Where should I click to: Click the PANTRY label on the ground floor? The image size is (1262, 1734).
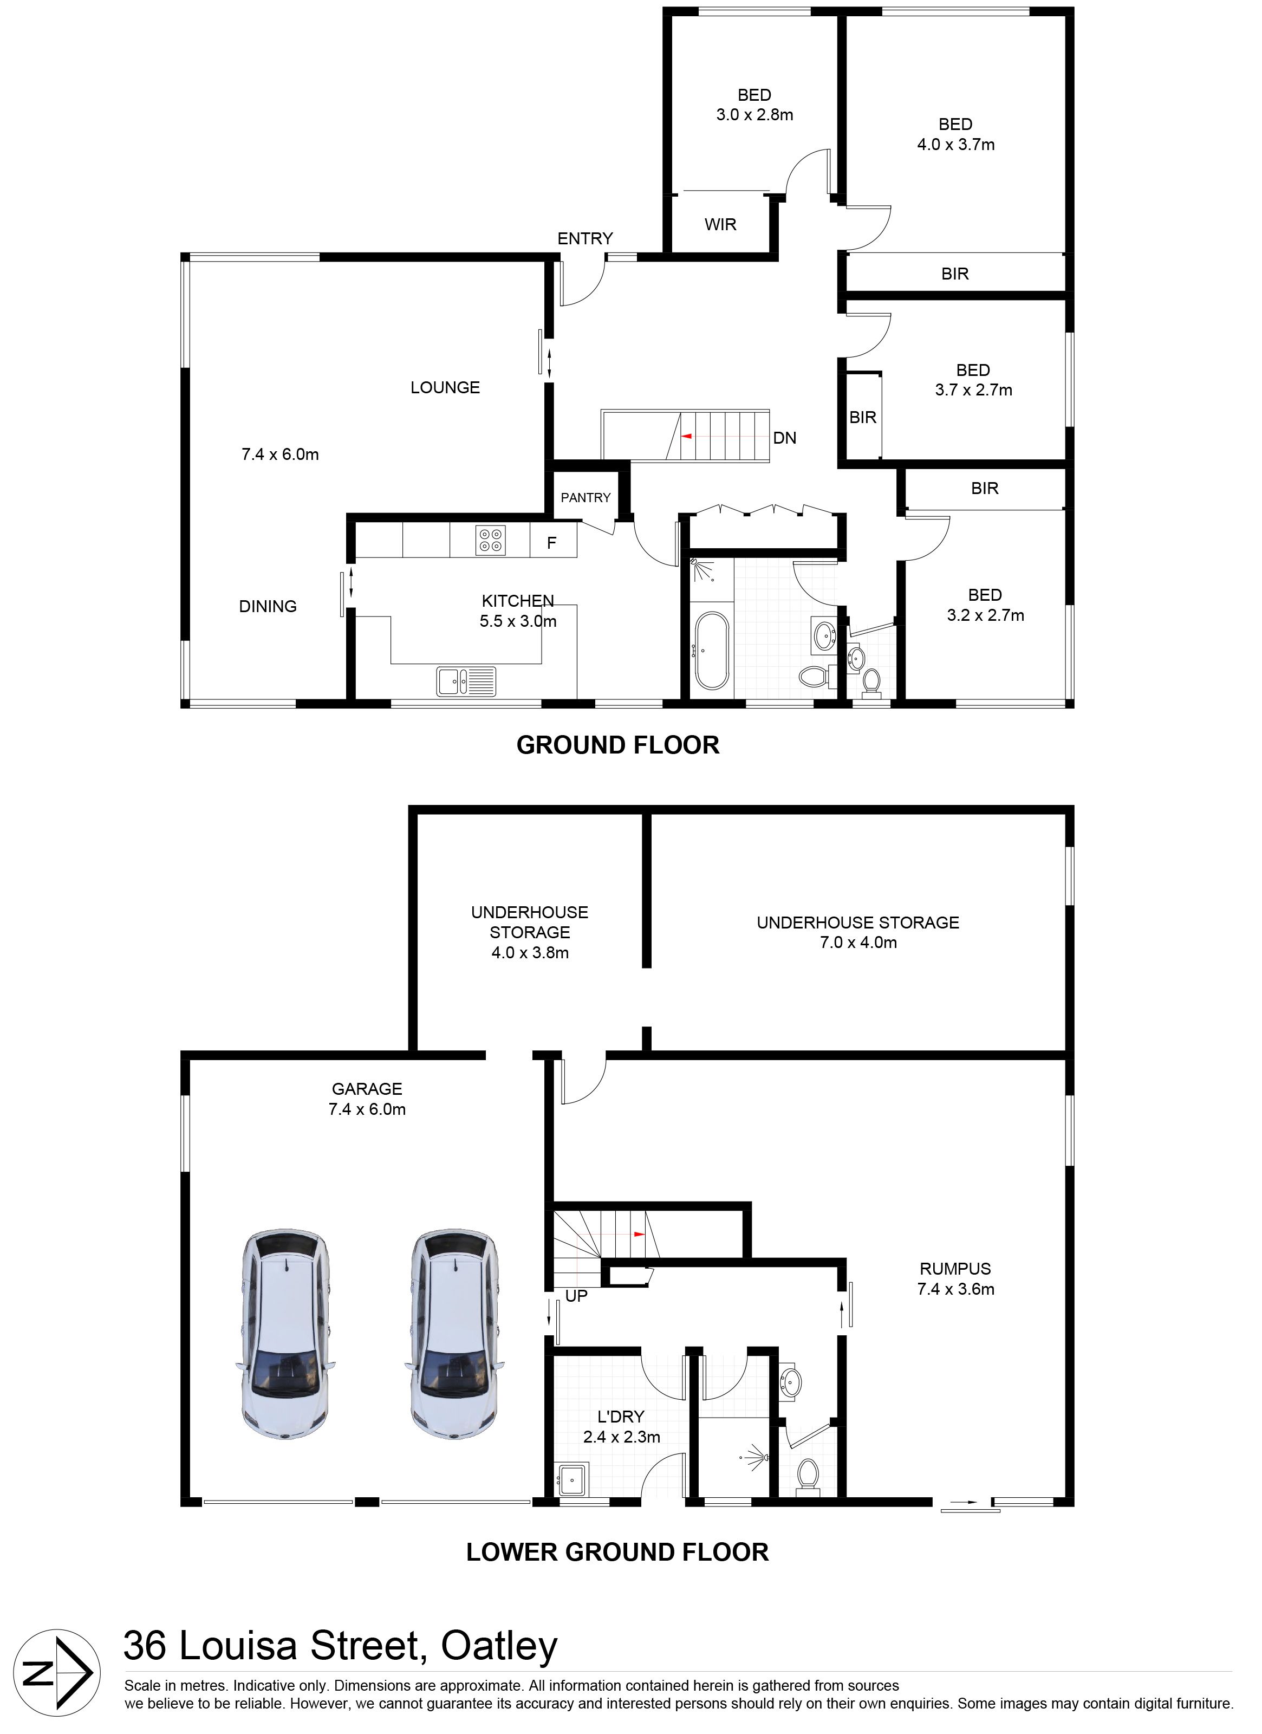pyautogui.click(x=586, y=498)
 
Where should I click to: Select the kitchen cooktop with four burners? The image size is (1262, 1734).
pyautogui.click(x=490, y=540)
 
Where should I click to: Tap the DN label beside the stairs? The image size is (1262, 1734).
pyautogui.click(x=784, y=438)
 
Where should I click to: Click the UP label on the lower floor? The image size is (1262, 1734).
pyautogui.click(x=576, y=1296)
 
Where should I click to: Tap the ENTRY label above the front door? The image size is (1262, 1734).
pyautogui.click(x=585, y=238)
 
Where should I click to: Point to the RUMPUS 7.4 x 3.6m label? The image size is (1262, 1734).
pyautogui.click(x=955, y=1279)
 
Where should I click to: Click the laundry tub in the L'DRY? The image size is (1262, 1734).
pyautogui.click(x=573, y=1479)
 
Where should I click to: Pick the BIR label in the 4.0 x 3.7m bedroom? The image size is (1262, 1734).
pyautogui.click(x=955, y=274)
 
